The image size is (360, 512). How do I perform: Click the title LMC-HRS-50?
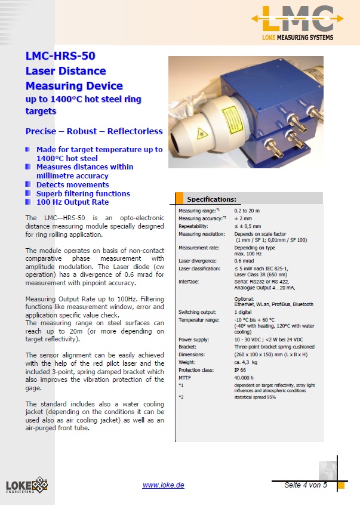[60, 57]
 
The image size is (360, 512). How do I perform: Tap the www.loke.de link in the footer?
[163, 485]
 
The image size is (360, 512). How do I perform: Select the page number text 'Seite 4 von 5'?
[306, 485]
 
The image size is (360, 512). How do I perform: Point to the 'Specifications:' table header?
[212, 199]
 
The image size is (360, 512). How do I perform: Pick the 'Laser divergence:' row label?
[198, 261]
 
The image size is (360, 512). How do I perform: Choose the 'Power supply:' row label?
[194, 339]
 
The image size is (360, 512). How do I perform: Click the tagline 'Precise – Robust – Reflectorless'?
[94, 131]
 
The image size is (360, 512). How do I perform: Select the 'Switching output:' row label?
[198, 312]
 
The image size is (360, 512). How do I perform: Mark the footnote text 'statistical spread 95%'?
[256, 397]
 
